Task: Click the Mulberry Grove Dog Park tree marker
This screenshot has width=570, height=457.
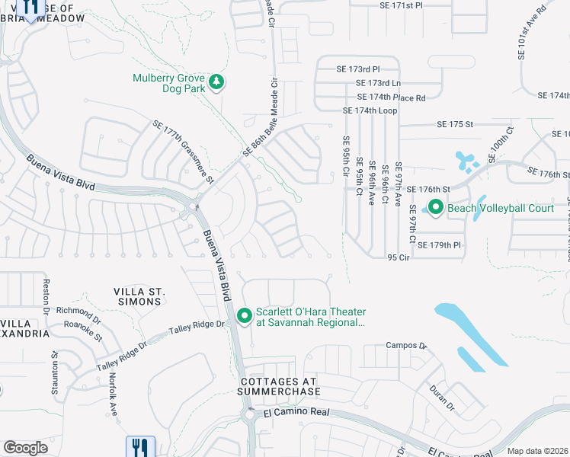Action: click(216, 82)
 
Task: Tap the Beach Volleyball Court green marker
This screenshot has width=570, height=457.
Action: click(435, 206)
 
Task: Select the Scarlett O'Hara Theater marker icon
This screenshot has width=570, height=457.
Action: click(245, 315)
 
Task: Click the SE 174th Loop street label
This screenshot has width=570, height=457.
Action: click(370, 110)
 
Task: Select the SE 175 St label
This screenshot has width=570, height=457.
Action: click(455, 123)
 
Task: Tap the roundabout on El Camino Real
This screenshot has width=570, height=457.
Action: click(250, 416)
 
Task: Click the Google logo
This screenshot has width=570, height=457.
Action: click(25, 448)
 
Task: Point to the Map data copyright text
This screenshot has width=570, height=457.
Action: click(538, 451)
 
